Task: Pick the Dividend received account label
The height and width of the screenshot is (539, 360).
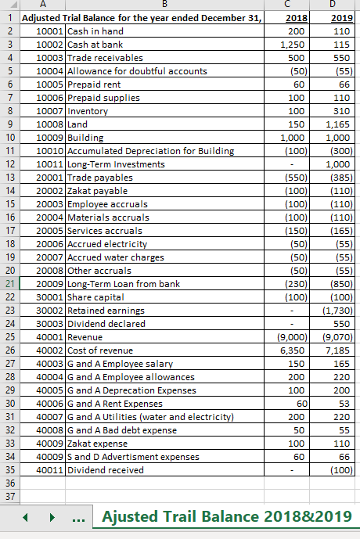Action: point(106,469)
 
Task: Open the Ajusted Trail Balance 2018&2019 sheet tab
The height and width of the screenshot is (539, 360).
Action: point(227,517)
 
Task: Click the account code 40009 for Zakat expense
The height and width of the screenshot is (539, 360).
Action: point(50,443)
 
